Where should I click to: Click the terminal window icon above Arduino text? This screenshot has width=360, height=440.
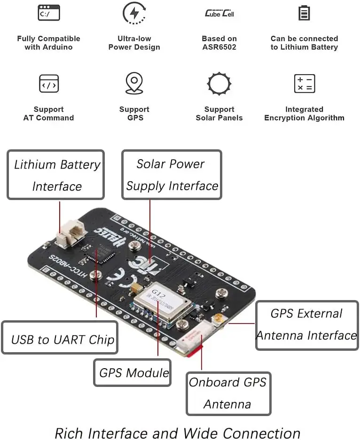49,13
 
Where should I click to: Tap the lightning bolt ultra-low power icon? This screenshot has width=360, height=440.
134,13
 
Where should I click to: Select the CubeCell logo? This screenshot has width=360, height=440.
219,13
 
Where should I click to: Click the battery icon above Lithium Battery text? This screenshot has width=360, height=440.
304,13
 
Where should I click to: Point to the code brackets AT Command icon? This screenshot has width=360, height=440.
49,84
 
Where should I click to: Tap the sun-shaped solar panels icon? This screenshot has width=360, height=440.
219,84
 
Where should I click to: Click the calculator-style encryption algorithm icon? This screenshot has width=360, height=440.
304,84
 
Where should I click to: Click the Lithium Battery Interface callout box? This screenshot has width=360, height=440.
56,175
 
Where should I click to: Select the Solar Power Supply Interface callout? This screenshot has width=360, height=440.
172,175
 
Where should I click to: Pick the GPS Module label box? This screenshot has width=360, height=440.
133,373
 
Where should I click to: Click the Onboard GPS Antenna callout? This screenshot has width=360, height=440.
228,394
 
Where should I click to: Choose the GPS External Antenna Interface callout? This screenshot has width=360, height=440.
306,325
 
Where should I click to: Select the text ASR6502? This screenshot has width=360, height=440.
219,47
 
